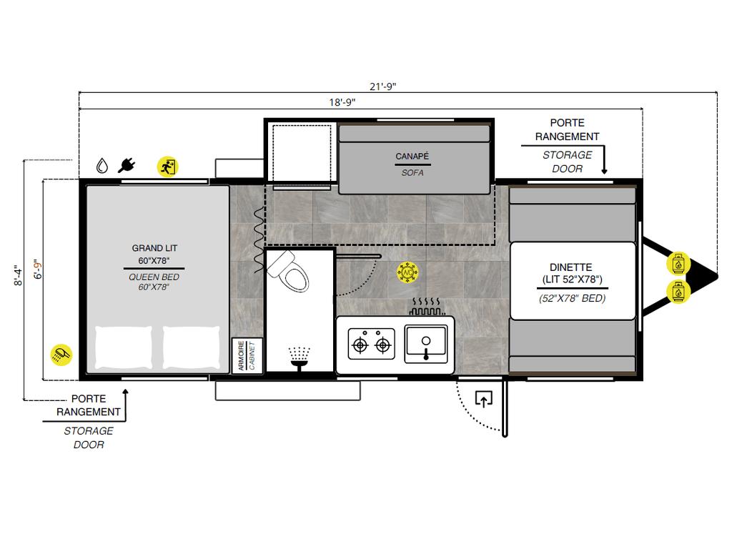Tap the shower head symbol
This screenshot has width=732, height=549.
pyautogui.click(x=299, y=359)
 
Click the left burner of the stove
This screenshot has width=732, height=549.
pyautogui.click(x=360, y=345)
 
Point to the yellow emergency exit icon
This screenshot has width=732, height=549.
pyautogui.click(x=167, y=167)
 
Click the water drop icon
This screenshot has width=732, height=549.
pyautogui.click(x=102, y=165)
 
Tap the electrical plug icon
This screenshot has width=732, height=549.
pyautogui.click(x=127, y=165)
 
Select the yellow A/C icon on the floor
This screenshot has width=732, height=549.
pyautogui.click(x=407, y=272)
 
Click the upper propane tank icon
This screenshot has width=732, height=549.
pyautogui.click(x=678, y=264)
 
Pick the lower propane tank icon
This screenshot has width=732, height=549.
pyautogui.click(x=678, y=292)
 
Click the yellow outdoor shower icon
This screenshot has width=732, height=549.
pyautogui.click(x=61, y=355)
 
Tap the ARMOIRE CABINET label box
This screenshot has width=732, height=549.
pyautogui.click(x=247, y=356)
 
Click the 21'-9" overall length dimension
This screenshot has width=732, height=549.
pyautogui.click(x=383, y=86)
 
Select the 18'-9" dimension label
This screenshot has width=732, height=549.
pyautogui.click(x=342, y=102)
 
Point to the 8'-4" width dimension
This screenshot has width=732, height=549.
pyautogui.click(x=18, y=275)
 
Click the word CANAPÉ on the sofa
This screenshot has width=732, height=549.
pyautogui.click(x=412, y=157)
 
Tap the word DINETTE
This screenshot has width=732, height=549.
pyautogui.click(x=571, y=267)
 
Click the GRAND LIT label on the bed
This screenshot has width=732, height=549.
pyautogui.click(x=154, y=248)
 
